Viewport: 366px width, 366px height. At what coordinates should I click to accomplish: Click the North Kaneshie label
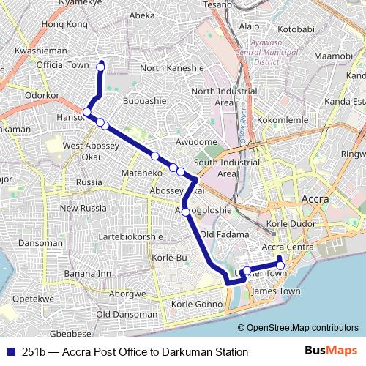(x=171, y=68)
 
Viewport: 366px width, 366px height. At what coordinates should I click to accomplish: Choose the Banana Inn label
(x=87, y=274)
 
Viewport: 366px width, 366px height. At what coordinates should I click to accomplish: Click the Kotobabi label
(x=296, y=29)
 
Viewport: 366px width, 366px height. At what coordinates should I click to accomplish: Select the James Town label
(x=275, y=291)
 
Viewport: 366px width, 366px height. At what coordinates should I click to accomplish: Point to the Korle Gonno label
(x=195, y=304)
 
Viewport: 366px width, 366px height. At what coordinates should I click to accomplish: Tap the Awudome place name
(x=197, y=141)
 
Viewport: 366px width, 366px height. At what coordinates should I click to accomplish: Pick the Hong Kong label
(x=65, y=24)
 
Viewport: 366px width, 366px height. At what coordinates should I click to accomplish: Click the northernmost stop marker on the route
(x=101, y=68)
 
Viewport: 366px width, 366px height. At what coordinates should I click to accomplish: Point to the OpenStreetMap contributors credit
(x=298, y=329)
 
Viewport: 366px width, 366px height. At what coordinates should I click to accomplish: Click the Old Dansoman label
(x=126, y=314)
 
